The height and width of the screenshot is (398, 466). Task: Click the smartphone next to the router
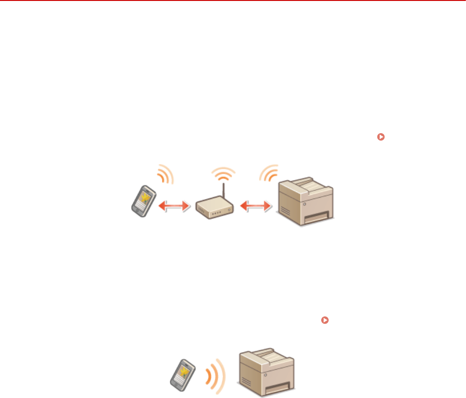(143, 201)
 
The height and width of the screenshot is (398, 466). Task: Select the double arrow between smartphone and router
(174, 206)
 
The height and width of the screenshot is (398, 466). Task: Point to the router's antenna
(223, 191)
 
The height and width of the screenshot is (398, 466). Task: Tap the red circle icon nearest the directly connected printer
(325, 320)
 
